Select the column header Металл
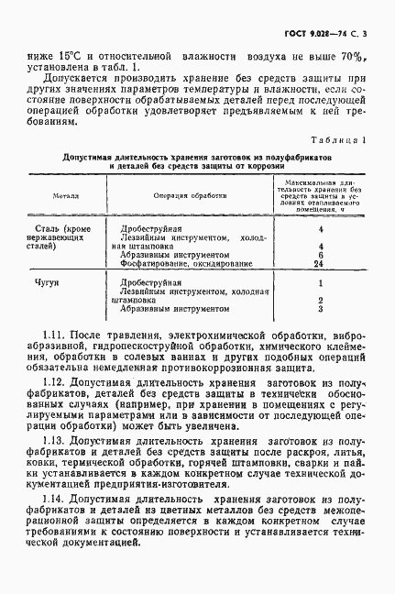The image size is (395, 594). click(66, 195)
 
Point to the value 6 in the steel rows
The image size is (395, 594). click(321, 254)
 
